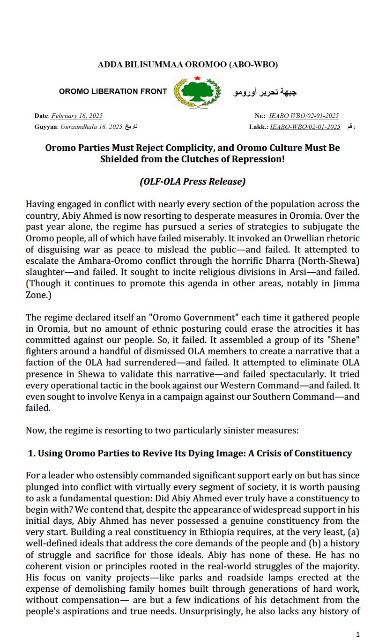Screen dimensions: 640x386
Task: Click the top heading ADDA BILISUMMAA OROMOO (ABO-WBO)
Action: [187, 65]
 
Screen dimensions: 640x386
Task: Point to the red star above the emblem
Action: [197, 78]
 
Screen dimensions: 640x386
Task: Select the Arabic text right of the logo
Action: [265, 92]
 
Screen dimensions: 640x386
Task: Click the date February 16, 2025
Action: [76, 116]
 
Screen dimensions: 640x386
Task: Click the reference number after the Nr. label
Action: [304, 116]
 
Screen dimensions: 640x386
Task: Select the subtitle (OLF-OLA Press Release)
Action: [193, 182]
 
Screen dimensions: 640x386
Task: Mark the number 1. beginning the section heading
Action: [32, 454]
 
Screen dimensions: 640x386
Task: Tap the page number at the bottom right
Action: [358, 634]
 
